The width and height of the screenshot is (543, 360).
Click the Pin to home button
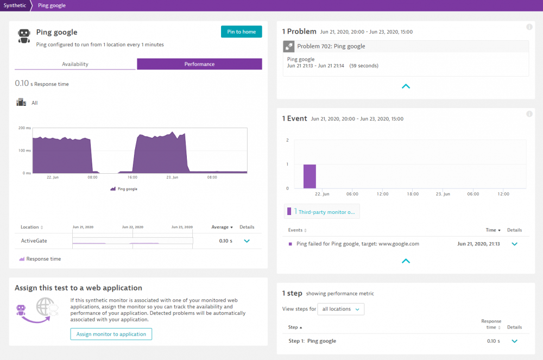click(x=241, y=31)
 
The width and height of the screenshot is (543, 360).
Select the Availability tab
click(x=75, y=64)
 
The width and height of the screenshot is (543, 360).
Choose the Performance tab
click(x=199, y=64)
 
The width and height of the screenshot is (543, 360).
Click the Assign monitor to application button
click(x=111, y=334)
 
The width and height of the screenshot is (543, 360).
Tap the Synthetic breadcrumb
click(x=14, y=5)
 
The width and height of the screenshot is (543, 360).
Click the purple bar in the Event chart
click(x=310, y=176)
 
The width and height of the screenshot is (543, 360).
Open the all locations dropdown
click(x=340, y=309)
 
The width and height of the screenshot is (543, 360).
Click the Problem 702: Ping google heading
click(x=331, y=46)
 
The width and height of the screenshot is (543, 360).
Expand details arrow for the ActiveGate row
click(x=247, y=241)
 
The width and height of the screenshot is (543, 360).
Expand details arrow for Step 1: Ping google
click(x=514, y=341)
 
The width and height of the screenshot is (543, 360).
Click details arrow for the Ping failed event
click(x=514, y=244)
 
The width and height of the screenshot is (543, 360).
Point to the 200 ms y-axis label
click(x=24, y=128)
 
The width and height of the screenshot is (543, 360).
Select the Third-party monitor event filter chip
click(x=321, y=212)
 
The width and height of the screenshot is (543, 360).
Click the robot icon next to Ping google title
click(x=23, y=36)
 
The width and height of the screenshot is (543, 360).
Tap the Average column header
click(x=222, y=227)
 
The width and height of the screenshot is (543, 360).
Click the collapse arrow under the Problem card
click(x=406, y=86)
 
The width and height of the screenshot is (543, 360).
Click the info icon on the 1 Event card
click(x=529, y=114)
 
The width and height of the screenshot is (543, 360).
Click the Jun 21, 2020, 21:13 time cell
click(x=478, y=244)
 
